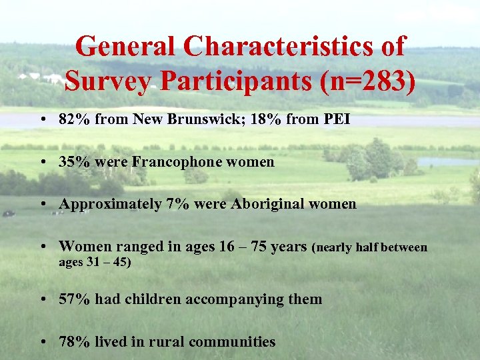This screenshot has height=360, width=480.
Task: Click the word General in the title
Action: click(x=125, y=47)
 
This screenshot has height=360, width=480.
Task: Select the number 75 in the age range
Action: click(x=258, y=247)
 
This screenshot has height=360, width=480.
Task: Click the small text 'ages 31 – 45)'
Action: click(x=95, y=262)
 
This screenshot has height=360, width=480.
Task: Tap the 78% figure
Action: click(x=74, y=342)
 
